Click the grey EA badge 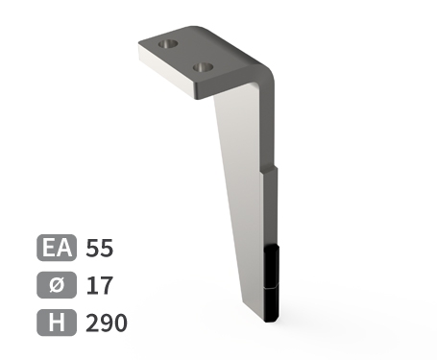57,248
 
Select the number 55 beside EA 99,248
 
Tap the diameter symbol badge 57,285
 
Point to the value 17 99,285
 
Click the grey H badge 57,323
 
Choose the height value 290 107,323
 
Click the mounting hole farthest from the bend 168,44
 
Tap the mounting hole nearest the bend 203,67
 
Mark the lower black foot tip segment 271,304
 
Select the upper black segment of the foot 271,267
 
